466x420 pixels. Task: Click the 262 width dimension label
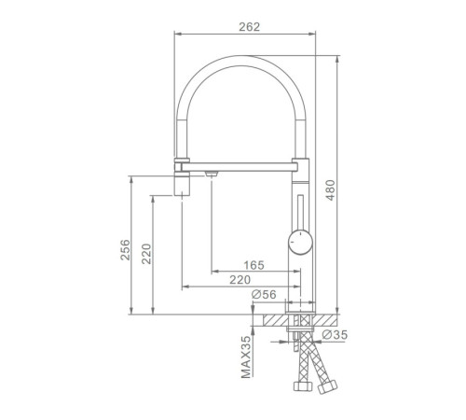[x=249, y=27]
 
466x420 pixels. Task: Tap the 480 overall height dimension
[x=330, y=190]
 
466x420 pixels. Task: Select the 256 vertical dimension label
[x=125, y=250]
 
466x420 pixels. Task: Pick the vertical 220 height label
[x=146, y=254]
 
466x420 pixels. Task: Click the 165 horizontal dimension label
[x=254, y=265]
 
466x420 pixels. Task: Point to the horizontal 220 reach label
[x=240, y=280]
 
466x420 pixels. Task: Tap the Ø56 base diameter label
[x=264, y=294]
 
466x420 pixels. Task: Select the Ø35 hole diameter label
[x=335, y=335]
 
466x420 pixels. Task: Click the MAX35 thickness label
[x=246, y=357]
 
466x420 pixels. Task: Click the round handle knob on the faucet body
[x=300, y=242]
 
